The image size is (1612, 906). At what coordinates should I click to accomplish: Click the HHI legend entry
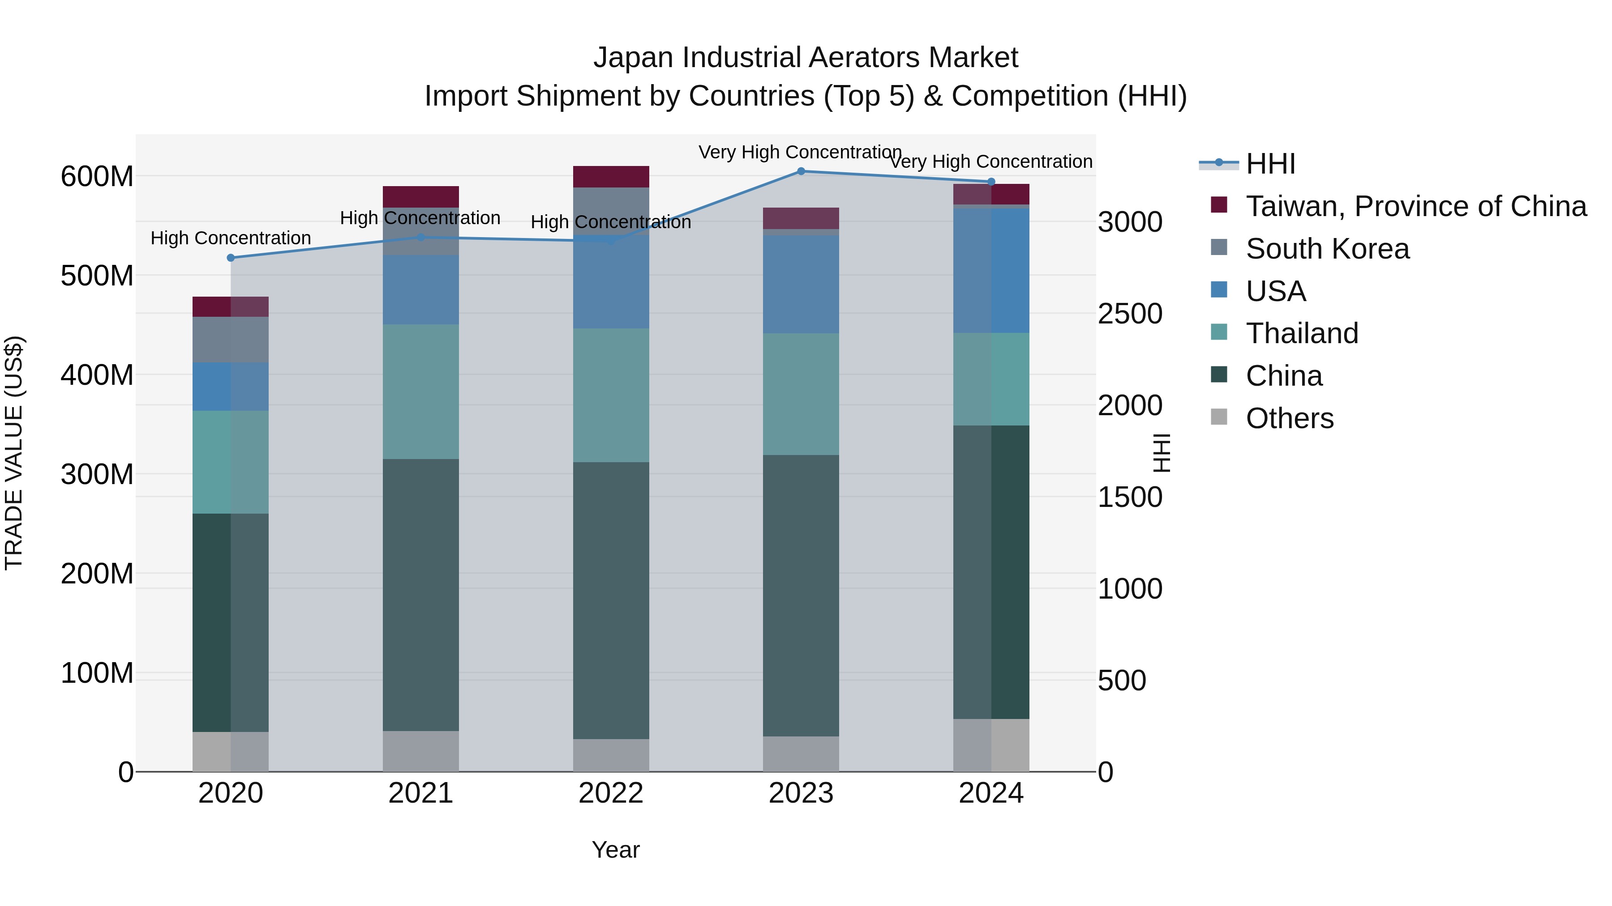click(1270, 164)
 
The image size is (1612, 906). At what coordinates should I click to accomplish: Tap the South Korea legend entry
click(1327, 249)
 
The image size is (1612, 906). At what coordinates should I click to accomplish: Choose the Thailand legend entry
click(1302, 333)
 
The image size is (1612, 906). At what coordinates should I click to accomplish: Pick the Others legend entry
click(1289, 418)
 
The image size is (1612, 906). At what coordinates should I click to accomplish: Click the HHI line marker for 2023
click(801, 171)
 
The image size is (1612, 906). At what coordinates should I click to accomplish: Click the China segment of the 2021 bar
click(420, 594)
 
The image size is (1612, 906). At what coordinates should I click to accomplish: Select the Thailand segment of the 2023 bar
click(801, 394)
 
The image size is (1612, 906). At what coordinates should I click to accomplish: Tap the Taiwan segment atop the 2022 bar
click(611, 177)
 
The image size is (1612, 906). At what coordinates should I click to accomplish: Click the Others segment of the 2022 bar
click(611, 755)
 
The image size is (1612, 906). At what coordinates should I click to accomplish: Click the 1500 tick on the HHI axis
click(1130, 498)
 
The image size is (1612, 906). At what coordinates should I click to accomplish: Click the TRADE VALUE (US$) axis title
click(14, 453)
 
